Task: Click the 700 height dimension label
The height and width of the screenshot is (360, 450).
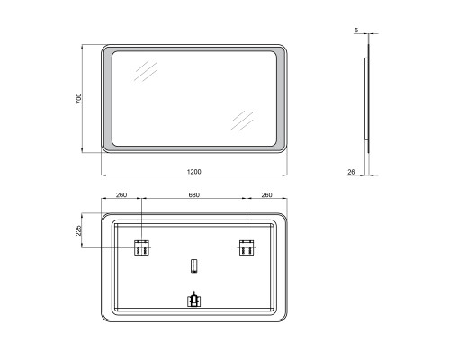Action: tap(78, 99)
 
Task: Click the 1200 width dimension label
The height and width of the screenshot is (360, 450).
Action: tap(194, 172)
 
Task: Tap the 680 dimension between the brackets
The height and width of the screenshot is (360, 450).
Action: tap(194, 195)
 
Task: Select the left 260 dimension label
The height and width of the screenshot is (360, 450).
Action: tap(121, 195)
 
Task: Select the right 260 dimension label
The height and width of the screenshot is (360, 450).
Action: tap(266, 195)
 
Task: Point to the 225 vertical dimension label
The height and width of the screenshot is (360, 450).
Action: tap(78, 230)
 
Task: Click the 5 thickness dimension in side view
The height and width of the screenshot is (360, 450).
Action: tap(356, 31)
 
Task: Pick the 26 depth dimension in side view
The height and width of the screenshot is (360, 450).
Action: tap(351, 172)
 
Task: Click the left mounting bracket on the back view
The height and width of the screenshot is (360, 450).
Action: tap(141, 247)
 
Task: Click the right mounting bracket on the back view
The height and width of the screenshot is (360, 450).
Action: tap(247, 247)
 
